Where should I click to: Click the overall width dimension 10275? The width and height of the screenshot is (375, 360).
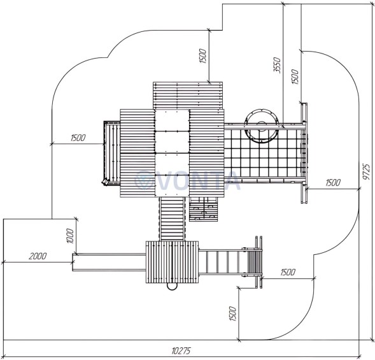(181, 351)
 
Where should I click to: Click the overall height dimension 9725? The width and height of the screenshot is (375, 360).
(366, 171)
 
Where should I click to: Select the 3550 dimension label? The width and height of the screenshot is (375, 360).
(277, 65)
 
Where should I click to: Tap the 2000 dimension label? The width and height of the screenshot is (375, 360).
(38, 256)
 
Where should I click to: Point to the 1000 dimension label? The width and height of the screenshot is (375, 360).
(70, 236)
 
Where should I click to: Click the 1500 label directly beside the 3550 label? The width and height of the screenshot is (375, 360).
(295, 76)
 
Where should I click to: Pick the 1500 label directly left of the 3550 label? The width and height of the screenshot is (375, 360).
(202, 56)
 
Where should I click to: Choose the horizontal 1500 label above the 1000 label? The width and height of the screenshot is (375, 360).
(78, 138)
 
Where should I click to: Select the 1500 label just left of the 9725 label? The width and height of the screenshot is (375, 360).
(333, 183)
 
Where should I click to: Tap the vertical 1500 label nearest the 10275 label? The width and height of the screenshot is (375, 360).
(232, 313)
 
